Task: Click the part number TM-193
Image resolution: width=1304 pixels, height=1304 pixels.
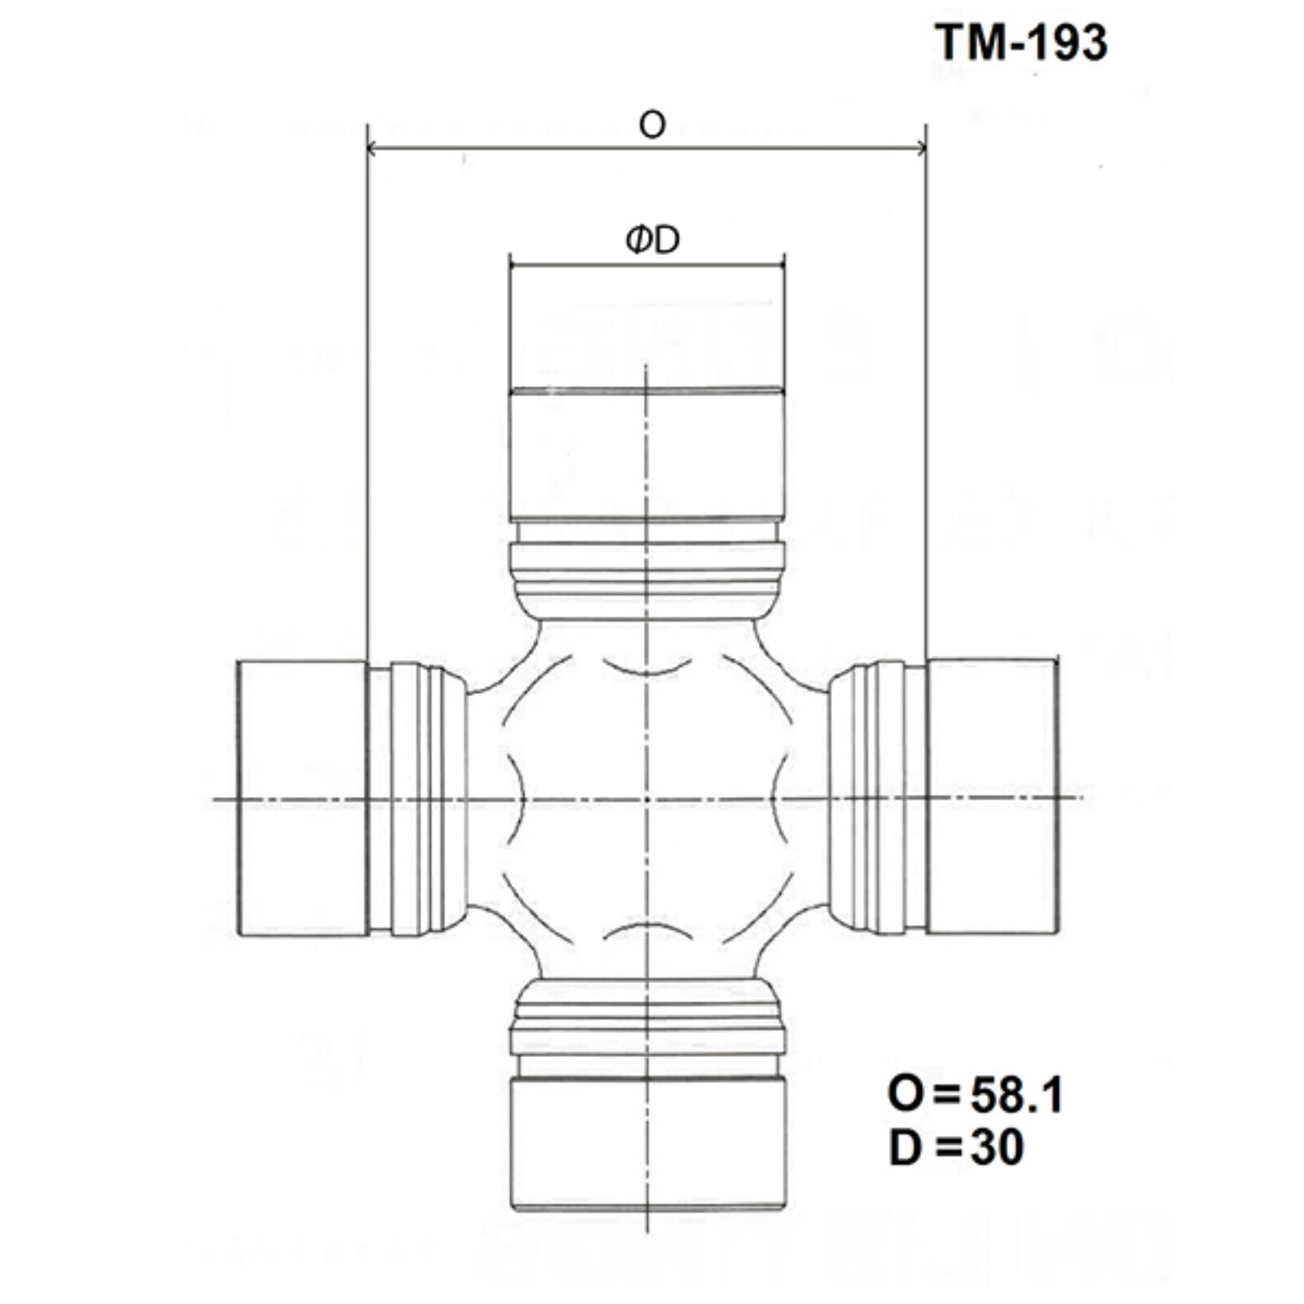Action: [1020, 42]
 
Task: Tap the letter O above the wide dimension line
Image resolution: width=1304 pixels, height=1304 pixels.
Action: [652, 125]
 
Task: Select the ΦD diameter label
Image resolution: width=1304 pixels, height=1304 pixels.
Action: [652, 240]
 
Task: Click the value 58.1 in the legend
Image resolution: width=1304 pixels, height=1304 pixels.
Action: [1016, 1095]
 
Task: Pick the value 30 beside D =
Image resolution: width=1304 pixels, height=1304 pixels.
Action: [997, 1148]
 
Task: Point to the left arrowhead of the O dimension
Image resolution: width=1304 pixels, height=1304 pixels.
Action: [372, 148]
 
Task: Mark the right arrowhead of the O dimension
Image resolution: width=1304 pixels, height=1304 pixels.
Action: [920, 148]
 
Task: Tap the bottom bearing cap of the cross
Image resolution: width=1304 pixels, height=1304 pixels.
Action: [647, 1143]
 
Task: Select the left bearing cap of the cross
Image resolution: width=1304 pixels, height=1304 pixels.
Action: [302, 798]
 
